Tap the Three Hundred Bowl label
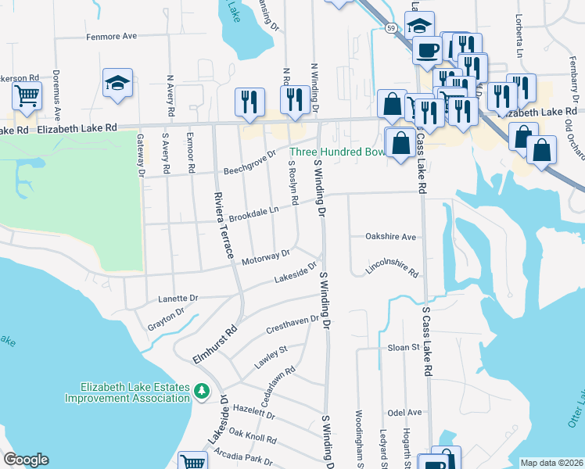337,152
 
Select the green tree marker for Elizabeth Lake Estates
203,389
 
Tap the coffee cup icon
427,51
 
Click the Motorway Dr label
265,256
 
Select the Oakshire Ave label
391,236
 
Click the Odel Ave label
404,412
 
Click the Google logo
26,460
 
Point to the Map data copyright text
551,463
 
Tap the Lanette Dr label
178,298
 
